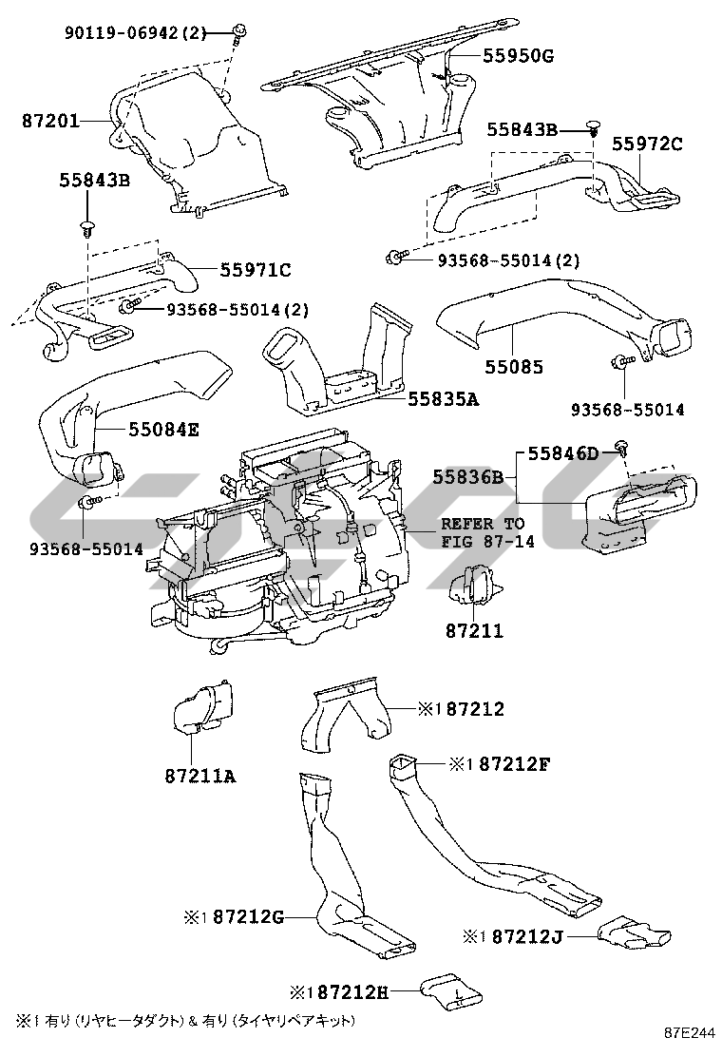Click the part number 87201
(x=50, y=122)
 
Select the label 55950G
(x=518, y=56)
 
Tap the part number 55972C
(x=647, y=144)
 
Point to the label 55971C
(x=256, y=270)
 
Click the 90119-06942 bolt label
(x=135, y=32)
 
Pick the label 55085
(x=514, y=368)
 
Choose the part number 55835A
(x=443, y=399)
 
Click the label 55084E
(x=163, y=430)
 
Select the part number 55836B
(x=468, y=477)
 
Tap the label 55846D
(x=563, y=453)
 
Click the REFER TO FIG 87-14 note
(x=487, y=532)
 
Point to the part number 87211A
(x=200, y=777)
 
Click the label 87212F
(x=515, y=764)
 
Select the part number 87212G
(x=249, y=916)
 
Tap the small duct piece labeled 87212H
(x=451, y=993)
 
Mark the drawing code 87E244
(x=689, y=1032)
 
